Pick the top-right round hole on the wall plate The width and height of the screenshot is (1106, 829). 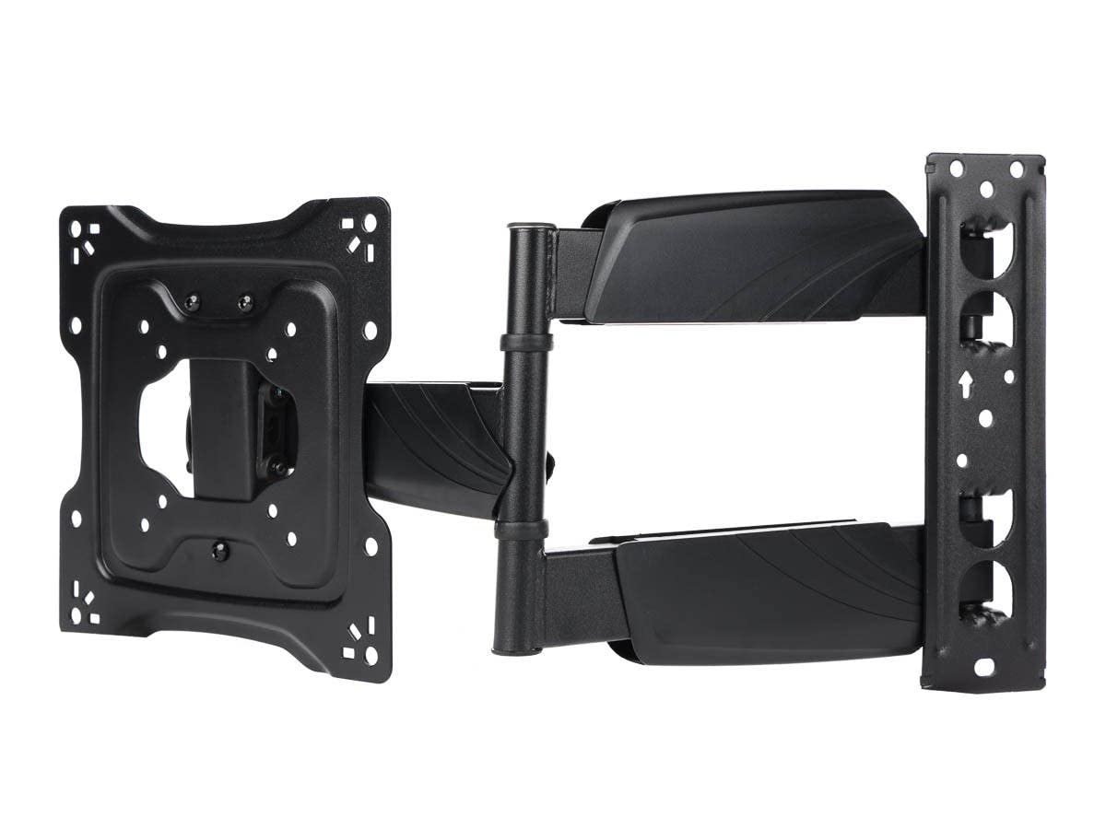1016,170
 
